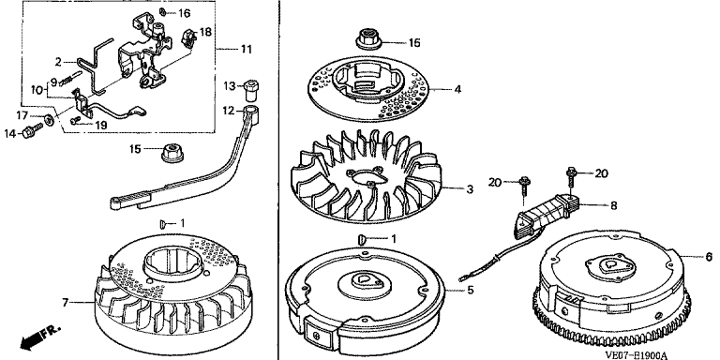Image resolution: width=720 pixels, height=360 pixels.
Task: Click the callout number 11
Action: point(247,49)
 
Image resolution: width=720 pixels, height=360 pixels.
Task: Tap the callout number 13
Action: point(230,86)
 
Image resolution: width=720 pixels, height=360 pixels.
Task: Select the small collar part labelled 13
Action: point(250,90)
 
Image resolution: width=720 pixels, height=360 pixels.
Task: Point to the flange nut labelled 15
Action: point(172,152)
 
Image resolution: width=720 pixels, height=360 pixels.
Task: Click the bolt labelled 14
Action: point(32,131)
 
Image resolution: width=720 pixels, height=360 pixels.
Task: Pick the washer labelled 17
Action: point(48,120)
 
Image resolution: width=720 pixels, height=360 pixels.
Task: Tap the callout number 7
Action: point(66,303)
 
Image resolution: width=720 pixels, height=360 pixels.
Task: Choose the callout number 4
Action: point(457,89)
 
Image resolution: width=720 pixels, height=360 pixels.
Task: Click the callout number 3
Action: point(470,188)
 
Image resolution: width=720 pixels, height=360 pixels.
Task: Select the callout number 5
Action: point(471,291)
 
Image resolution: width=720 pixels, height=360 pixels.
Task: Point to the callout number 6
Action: point(709,257)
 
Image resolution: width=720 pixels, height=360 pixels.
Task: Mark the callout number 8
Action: point(613,206)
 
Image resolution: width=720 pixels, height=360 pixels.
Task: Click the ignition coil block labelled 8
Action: point(547,214)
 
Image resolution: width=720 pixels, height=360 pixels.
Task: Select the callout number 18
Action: point(205,32)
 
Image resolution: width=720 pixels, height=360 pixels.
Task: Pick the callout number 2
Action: point(59,62)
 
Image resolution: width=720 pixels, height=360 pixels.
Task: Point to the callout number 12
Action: point(230,112)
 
